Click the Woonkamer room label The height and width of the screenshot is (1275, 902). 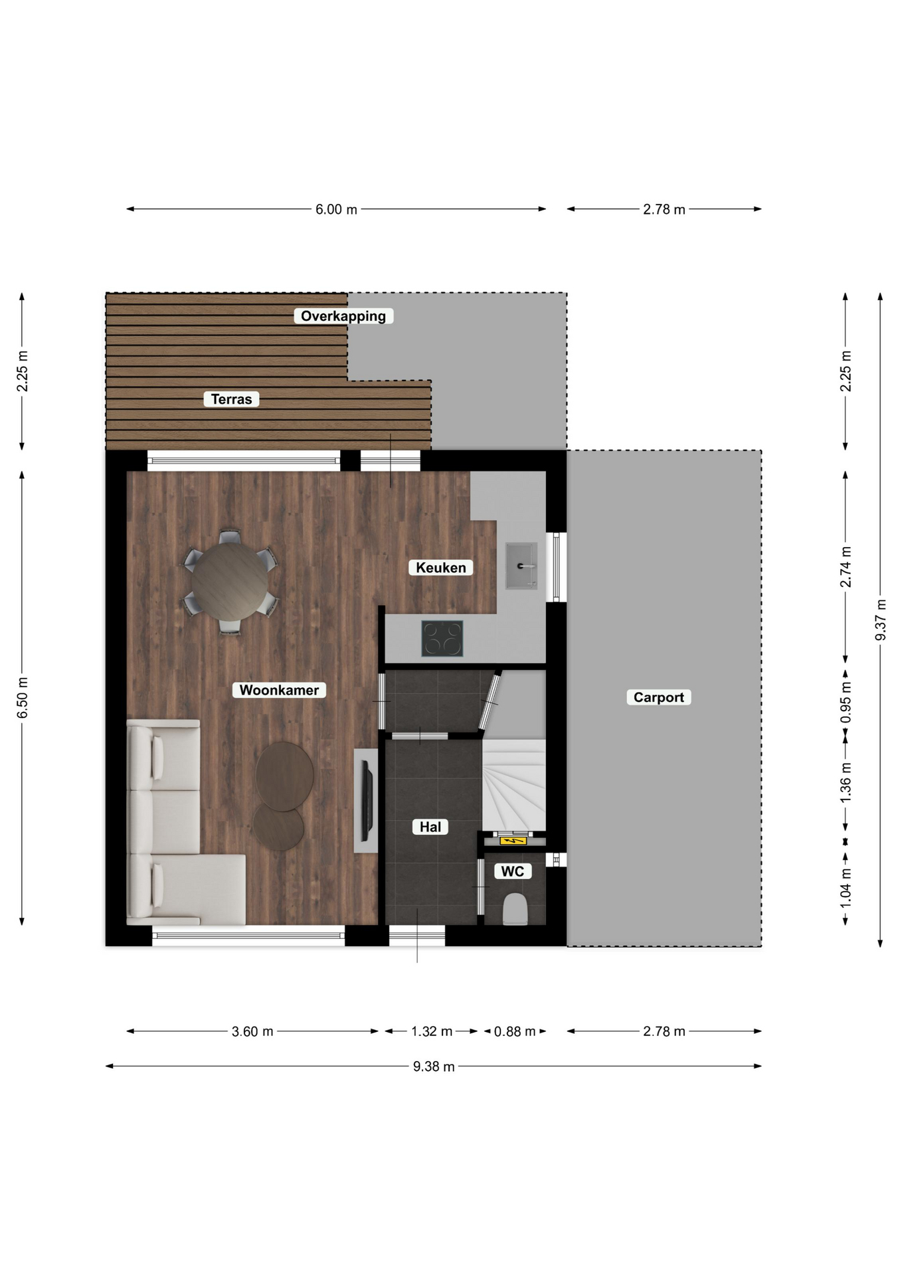click(279, 690)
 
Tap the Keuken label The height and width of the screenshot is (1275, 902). click(441, 568)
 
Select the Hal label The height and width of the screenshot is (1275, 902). click(430, 827)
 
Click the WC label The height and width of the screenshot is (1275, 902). click(513, 871)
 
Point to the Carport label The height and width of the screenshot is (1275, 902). click(659, 697)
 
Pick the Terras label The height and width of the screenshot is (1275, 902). click(231, 399)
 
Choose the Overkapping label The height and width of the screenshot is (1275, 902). click(343, 316)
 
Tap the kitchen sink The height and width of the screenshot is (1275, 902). click(521, 566)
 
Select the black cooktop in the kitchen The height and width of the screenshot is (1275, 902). click(442, 638)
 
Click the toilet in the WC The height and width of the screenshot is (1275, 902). click(515, 909)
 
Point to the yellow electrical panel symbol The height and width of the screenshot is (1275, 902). click(512, 841)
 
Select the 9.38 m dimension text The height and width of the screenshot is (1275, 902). click(434, 1066)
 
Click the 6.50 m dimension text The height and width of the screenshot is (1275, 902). click(23, 697)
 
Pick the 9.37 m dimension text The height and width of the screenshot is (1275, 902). click(881, 620)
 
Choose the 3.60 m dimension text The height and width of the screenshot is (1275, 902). click(252, 1031)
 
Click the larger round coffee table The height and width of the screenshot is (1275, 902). click(285, 776)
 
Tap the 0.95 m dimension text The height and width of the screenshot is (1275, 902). click(846, 703)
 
